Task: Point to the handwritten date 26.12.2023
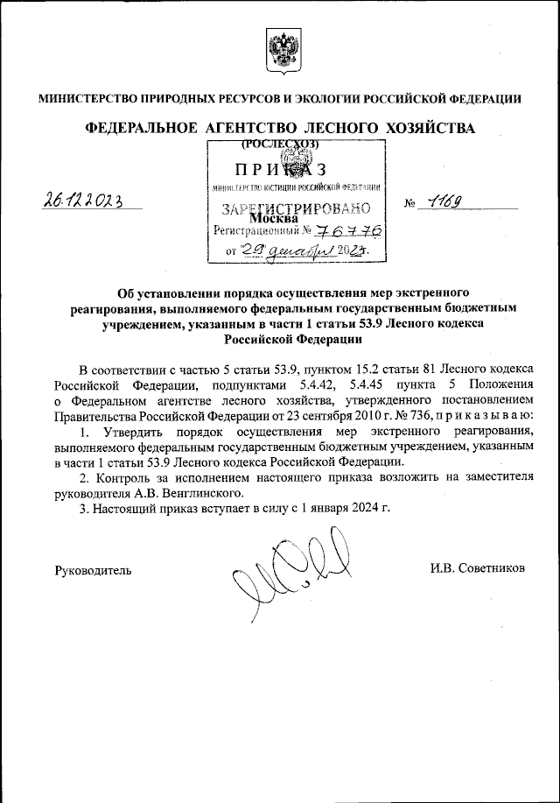point(83,201)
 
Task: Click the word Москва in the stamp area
point(278,218)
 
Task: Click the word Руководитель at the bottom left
point(94,569)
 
